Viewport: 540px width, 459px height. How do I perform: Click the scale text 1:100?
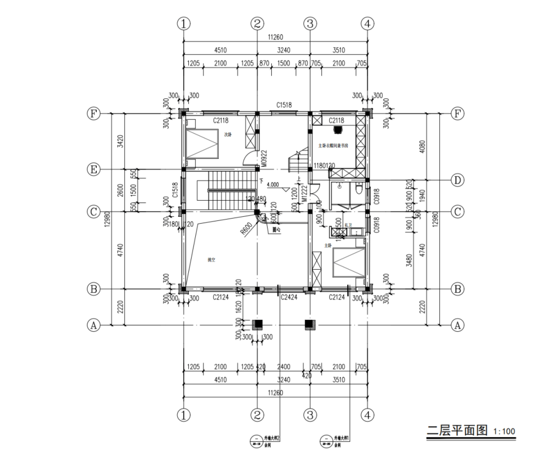[504, 431]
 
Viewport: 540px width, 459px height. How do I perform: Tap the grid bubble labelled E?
[92, 170]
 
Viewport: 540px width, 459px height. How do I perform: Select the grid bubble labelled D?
[458, 180]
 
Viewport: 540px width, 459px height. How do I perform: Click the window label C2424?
[288, 297]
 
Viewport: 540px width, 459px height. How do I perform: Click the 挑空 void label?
[211, 259]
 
